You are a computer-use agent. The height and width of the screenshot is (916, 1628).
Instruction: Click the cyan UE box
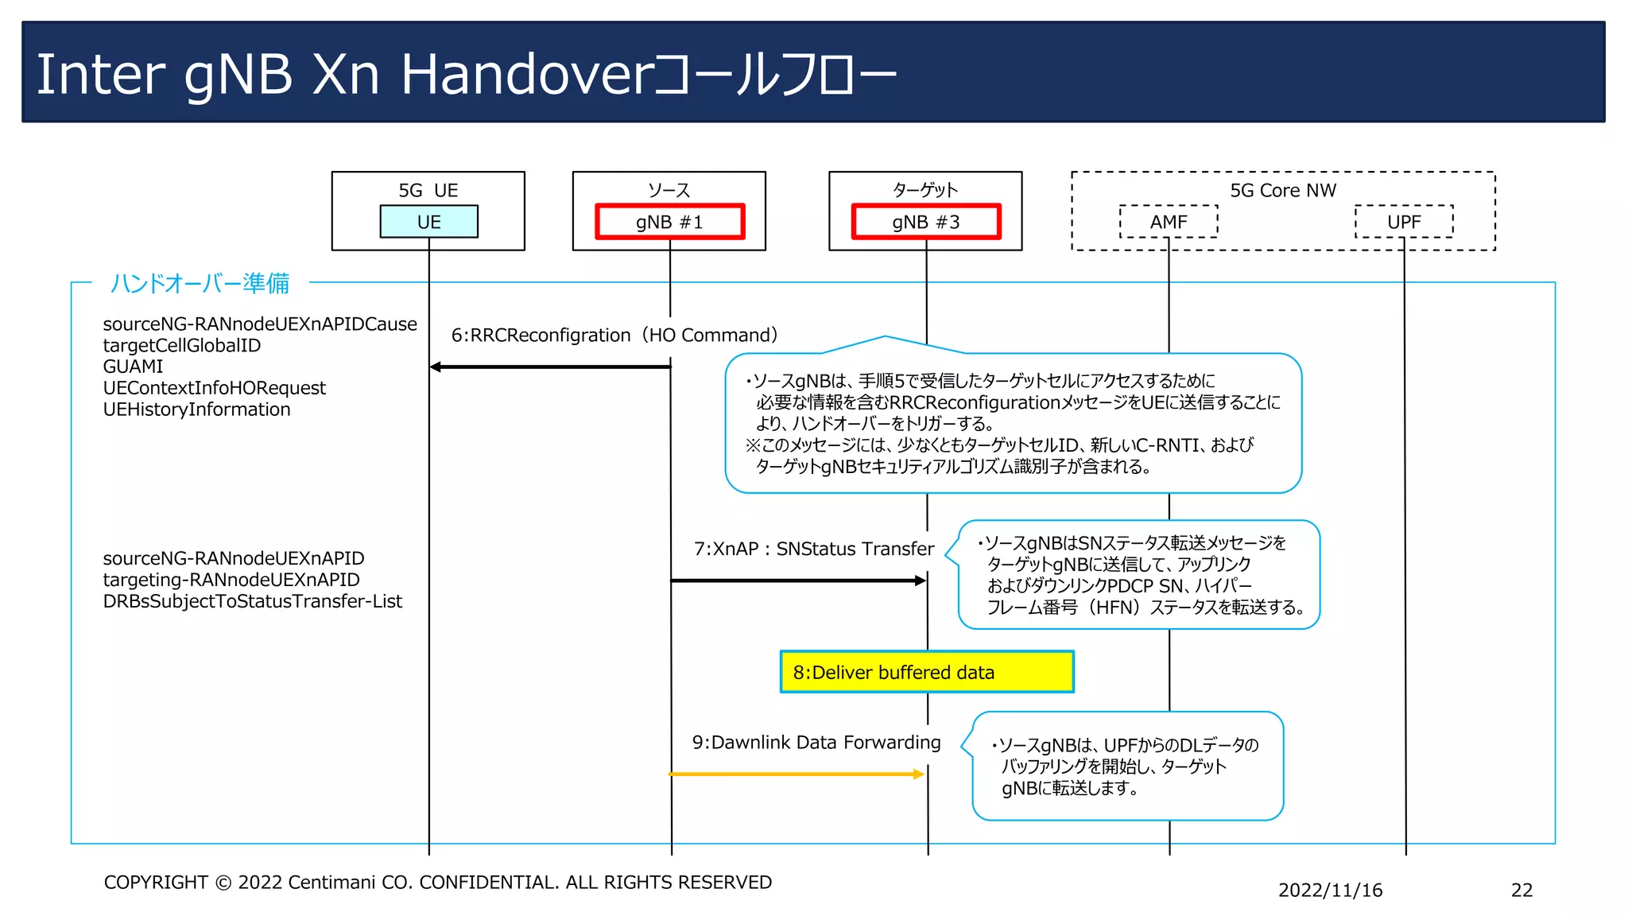(428, 222)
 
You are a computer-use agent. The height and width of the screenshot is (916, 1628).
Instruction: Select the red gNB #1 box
(669, 222)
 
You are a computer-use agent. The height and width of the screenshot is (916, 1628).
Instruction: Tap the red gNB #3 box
(925, 222)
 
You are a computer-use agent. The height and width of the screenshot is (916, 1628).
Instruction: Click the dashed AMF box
(1168, 222)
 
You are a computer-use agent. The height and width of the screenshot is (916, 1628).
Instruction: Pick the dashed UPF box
(1404, 222)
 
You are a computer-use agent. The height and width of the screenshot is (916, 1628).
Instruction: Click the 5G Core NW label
(1282, 191)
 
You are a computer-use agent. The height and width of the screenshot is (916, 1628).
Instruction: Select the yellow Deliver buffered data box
(926, 672)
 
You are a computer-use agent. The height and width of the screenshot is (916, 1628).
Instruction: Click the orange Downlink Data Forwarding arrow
(795, 774)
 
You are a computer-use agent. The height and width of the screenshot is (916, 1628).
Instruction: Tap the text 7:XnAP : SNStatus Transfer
(813, 549)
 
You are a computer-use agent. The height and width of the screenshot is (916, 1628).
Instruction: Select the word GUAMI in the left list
(133, 367)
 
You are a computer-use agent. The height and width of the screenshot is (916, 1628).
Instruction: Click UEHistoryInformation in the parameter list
(196, 409)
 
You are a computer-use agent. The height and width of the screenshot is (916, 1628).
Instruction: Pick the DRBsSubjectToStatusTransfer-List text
(252, 601)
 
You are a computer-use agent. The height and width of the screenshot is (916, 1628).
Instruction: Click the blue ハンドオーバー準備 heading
(200, 283)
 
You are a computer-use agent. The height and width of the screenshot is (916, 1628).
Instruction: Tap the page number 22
(1521, 891)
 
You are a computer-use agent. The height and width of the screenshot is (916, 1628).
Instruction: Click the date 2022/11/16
(1330, 891)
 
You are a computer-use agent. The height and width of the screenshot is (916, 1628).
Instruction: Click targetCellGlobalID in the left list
(181, 345)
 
